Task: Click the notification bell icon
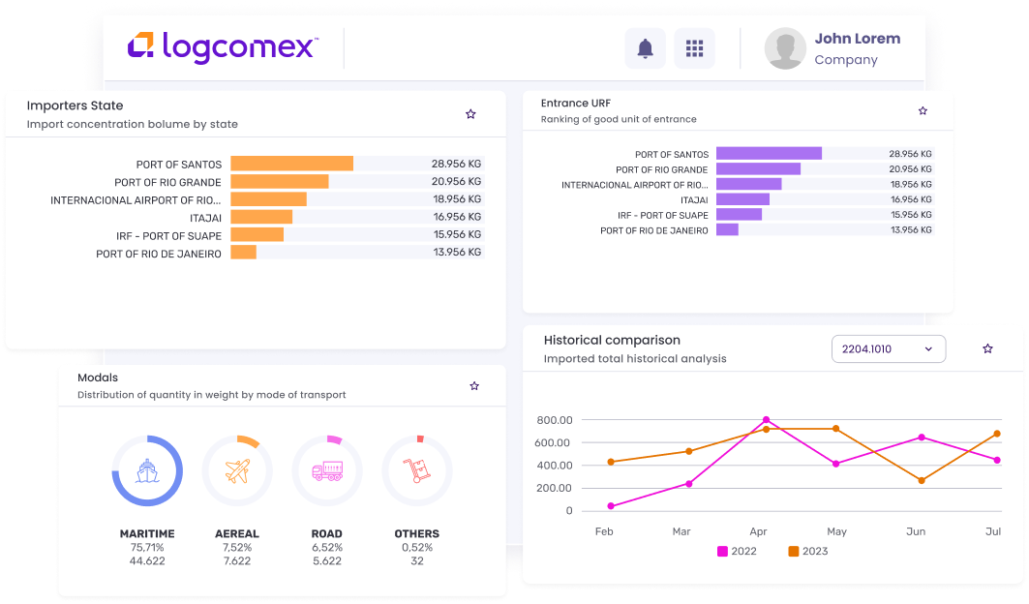(645, 48)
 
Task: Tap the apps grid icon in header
(694, 48)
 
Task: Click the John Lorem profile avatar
(785, 48)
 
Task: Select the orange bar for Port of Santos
(291, 164)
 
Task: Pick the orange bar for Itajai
(261, 217)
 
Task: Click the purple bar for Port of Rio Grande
(758, 168)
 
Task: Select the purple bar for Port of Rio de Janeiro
(727, 230)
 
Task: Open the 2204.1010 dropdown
(888, 348)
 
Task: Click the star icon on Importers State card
(470, 114)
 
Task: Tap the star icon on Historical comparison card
(987, 348)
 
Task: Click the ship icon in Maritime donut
(147, 471)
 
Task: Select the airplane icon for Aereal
(237, 471)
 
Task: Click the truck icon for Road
(327, 471)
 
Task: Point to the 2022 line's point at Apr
(766, 420)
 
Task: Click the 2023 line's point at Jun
(922, 480)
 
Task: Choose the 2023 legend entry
(808, 551)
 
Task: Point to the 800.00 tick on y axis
(554, 420)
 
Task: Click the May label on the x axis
(836, 531)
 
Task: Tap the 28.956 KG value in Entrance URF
(910, 154)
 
